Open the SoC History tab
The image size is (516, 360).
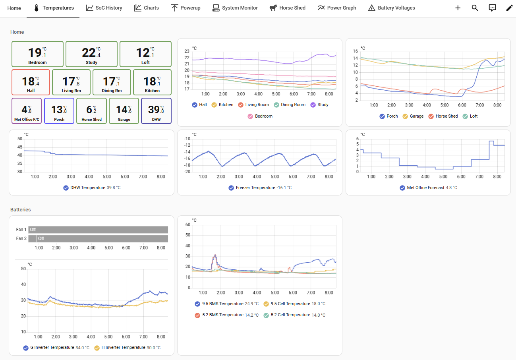[104, 8]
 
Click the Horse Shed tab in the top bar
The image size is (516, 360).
[287, 8]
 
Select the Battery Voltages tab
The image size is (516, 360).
[391, 8]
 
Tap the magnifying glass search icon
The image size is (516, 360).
[475, 8]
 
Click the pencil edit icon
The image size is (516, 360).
[509, 8]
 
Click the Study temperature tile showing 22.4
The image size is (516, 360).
[91, 54]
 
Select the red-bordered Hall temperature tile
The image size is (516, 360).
[31, 82]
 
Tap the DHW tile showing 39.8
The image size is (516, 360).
[156, 111]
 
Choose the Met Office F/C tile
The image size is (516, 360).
[27, 111]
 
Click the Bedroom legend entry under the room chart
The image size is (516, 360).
[260, 116]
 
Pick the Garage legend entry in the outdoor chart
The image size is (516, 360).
[413, 116]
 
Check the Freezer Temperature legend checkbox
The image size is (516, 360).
[231, 188]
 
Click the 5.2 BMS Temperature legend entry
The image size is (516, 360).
[226, 315]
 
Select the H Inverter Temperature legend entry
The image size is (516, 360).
[128, 348]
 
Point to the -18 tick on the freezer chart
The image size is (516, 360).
[187, 165]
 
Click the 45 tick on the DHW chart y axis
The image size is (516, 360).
[20, 147]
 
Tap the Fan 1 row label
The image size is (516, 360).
[21, 230]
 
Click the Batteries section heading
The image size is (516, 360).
[21, 210]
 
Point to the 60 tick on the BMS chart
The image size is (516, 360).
[188, 225]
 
